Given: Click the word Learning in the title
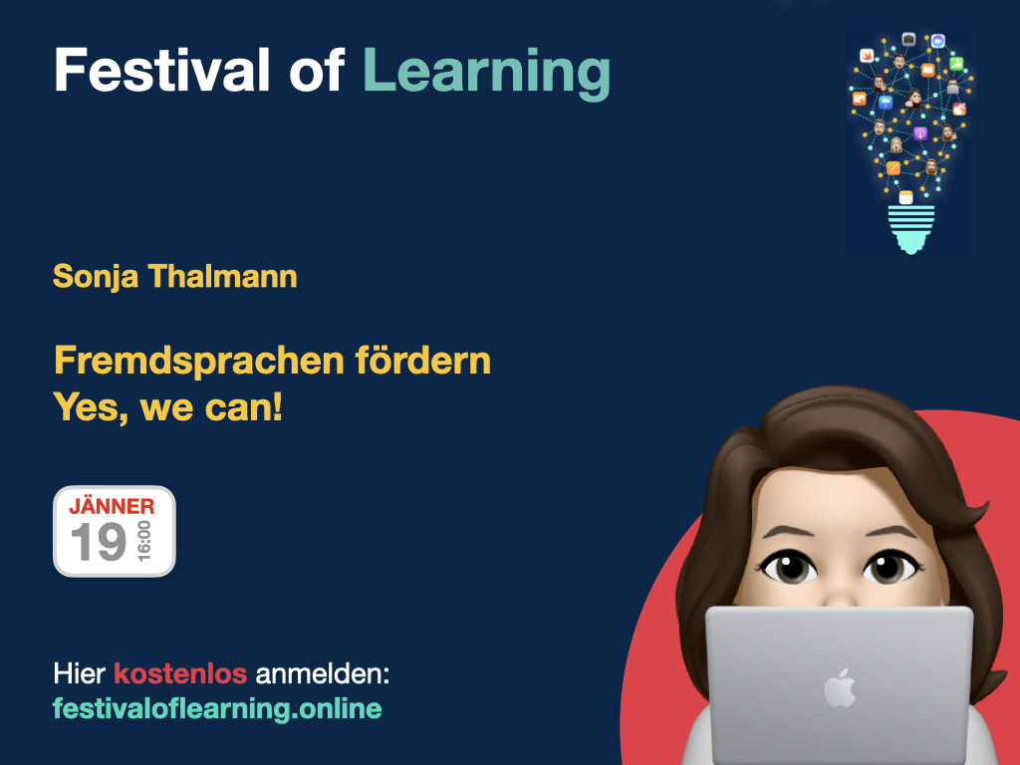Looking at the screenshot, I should pos(486,72).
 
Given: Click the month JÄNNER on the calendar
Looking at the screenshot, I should pos(112,506).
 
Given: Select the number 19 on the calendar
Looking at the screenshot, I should pos(99,543).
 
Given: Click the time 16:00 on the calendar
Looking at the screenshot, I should pos(145,542).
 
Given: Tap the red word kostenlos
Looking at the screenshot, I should pos(180,673).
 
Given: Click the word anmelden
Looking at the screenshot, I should pos(322,674).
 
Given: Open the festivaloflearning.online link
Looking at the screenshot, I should pos(217,709).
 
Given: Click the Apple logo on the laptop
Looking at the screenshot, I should pos(840,687).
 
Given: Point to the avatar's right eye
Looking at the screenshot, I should pos(890,570).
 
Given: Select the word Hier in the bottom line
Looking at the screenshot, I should pos(79,673).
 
